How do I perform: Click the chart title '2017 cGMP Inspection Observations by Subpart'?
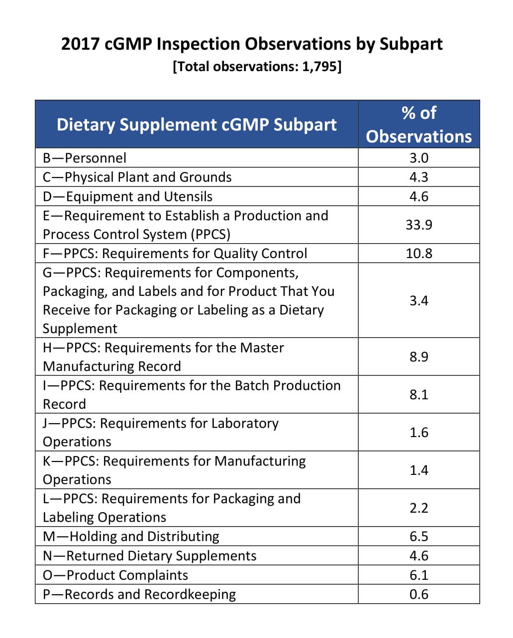[x=252, y=44]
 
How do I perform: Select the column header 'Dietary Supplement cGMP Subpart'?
[x=197, y=124]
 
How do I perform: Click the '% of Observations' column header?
[x=418, y=124]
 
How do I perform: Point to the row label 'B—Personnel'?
[x=85, y=158]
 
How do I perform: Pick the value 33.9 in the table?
[x=418, y=225]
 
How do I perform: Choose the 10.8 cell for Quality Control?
[x=418, y=254]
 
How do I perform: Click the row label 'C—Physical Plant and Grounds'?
[x=137, y=178]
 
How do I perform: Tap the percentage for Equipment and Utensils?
[x=418, y=196]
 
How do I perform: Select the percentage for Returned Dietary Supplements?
[x=418, y=556]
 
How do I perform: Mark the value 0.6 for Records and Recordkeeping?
[x=418, y=594]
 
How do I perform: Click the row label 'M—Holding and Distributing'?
[x=131, y=537]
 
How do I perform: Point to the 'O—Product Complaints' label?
[x=115, y=575]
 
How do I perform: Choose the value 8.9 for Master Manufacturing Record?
[x=418, y=357]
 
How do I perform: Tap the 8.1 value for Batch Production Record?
[x=418, y=395]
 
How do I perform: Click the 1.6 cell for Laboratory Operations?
[x=418, y=433]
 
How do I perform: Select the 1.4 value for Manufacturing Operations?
[x=418, y=470]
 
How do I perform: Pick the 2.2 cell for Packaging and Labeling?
[x=418, y=508]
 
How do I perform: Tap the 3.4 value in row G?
[x=418, y=301]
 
